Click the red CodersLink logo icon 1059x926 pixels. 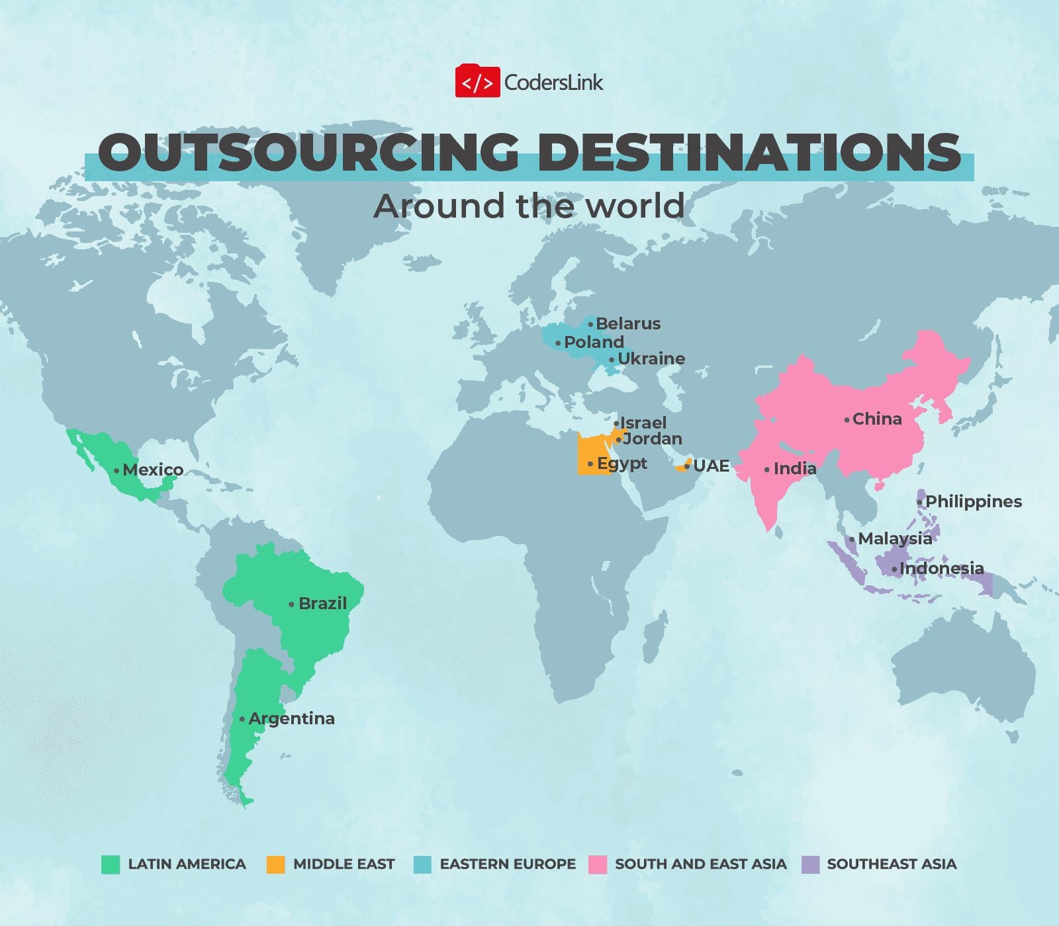click(477, 82)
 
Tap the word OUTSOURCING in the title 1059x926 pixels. click(308, 152)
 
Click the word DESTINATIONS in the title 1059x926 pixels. click(748, 152)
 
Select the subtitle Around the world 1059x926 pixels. click(529, 206)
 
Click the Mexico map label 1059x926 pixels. click(153, 470)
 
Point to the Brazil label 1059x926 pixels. click(322, 603)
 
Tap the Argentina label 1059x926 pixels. click(291, 718)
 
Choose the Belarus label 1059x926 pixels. click(628, 323)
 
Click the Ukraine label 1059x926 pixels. click(651, 358)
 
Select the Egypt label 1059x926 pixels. click(622, 463)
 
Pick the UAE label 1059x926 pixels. click(711, 466)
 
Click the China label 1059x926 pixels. click(877, 419)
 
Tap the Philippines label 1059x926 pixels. click(973, 501)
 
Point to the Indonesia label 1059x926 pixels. click(941, 568)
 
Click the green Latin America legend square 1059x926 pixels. click(111, 864)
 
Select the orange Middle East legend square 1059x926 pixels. click(275, 864)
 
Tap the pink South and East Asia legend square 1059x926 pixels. click(598, 864)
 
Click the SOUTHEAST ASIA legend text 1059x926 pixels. click(892, 864)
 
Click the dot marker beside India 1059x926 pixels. click(767, 470)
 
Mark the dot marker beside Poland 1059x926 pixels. click(558, 343)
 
